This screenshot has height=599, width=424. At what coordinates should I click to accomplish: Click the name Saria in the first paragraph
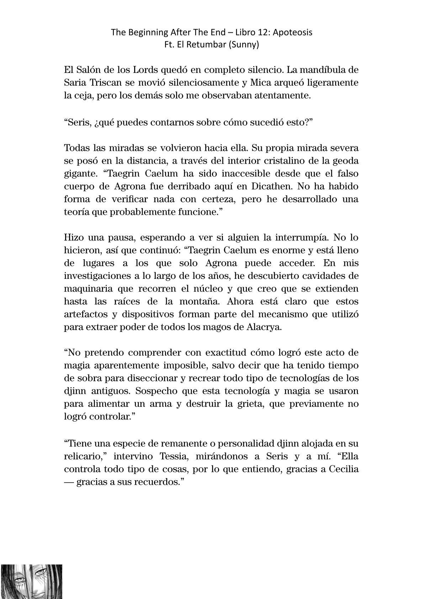pos(74,83)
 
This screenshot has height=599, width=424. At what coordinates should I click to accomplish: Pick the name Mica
pos(251,83)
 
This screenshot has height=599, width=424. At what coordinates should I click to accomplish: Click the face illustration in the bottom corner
pos(31,581)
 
